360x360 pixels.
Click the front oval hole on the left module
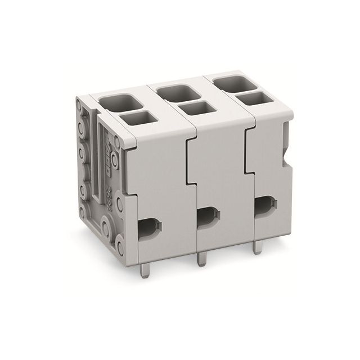(x=148, y=228)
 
